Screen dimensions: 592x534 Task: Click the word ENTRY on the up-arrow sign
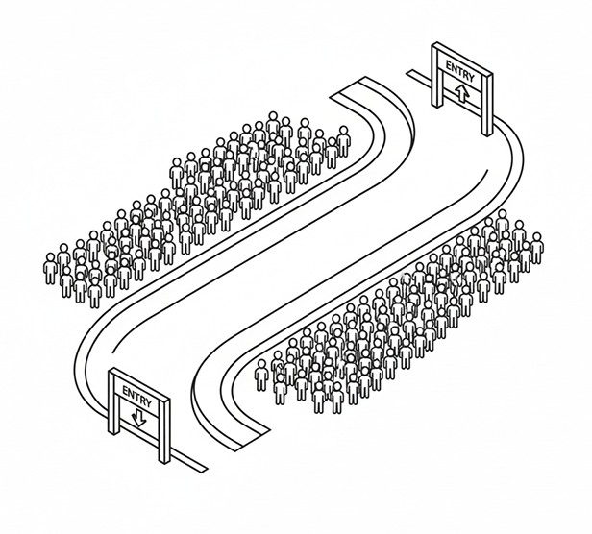tap(459, 71)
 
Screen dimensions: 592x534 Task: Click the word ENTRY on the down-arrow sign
tap(136, 397)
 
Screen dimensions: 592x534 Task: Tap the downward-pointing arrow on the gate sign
tap(138, 419)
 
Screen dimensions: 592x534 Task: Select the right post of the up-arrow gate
tap(487, 105)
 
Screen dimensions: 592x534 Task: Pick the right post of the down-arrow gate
tap(164, 431)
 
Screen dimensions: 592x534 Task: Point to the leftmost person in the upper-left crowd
tap(50, 268)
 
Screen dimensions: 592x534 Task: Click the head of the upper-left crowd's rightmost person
tap(343, 131)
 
